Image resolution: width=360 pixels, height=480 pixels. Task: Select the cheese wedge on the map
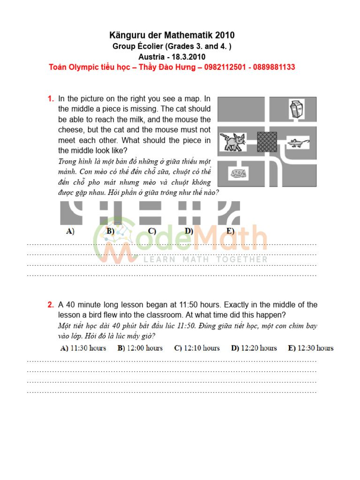coord(238,173)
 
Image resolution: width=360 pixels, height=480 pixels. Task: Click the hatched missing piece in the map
coord(267,141)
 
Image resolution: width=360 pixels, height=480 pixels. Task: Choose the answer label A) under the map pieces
coord(70,231)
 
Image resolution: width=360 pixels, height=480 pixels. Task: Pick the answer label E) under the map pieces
coord(230,231)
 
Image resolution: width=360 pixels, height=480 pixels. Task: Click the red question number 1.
coord(50,99)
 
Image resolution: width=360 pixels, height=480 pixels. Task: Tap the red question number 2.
coord(50,305)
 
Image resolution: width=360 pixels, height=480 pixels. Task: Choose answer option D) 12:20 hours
coord(254,348)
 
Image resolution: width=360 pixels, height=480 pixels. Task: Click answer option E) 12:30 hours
coord(311,348)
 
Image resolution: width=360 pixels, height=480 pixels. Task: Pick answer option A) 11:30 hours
coord(83,348)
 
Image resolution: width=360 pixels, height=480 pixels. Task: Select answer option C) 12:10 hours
coord(197,348)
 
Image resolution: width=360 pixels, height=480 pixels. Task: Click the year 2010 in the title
coord(225,36)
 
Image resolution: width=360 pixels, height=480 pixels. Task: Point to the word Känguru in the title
coord(127,36)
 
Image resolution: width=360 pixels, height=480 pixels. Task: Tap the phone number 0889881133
coord(274,67)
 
